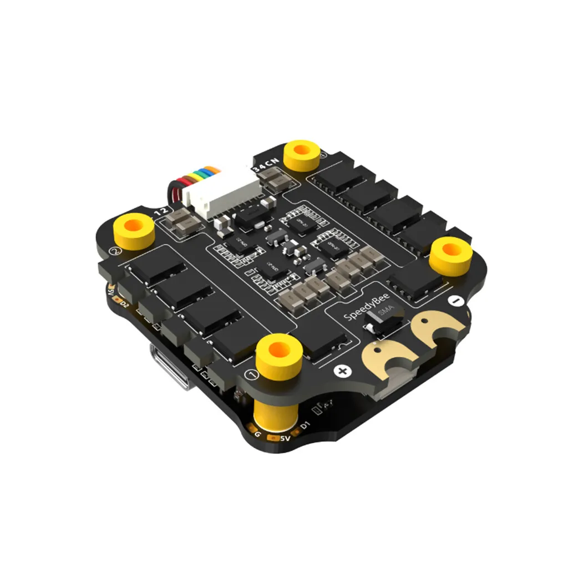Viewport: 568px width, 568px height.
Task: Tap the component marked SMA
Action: click(x=383, y=319)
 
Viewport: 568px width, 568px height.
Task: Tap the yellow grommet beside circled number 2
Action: click(x=135, y=227)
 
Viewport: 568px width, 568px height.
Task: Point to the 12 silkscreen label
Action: click(x=160, y=211)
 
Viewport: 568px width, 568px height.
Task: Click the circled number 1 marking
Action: click(x=253, y=375)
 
